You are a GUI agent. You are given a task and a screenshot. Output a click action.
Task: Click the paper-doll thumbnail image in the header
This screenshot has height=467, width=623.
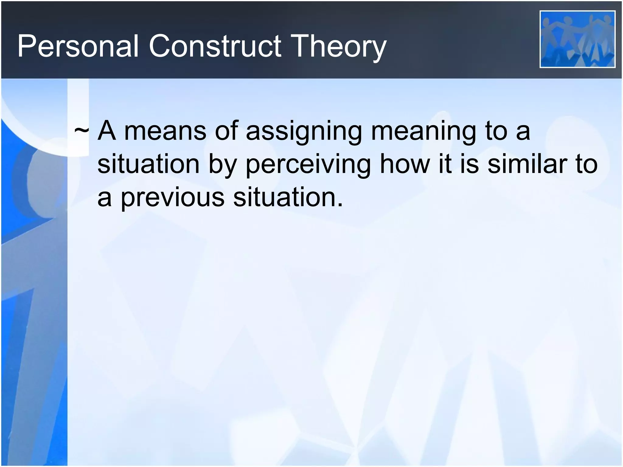click(x=577, y=39)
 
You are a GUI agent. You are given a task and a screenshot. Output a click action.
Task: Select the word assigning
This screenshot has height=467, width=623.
click(x=303, y=131)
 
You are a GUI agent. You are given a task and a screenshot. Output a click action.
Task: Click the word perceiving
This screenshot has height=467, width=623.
click(x=308, y=164)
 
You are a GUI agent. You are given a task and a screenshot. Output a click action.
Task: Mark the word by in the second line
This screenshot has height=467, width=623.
click(x=223, y=164)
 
